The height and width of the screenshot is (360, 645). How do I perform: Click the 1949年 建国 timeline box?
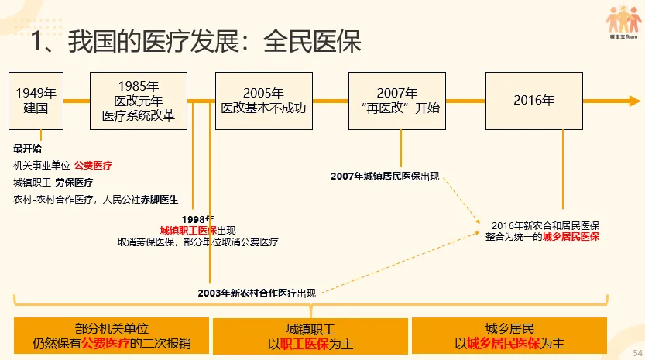click(x=36, y=101)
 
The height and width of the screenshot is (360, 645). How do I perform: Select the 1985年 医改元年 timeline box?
click(x=139, y=101)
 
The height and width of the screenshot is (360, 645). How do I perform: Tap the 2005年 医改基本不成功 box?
click(x=263, y=101)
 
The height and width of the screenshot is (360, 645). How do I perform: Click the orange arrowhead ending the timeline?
click(x=635, y=101)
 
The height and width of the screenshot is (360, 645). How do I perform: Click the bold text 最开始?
click(x=27, y=148)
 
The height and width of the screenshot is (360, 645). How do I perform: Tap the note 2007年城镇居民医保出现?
click(x=384, y=177)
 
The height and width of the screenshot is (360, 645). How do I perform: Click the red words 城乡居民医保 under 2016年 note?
click(x=571, y=236)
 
